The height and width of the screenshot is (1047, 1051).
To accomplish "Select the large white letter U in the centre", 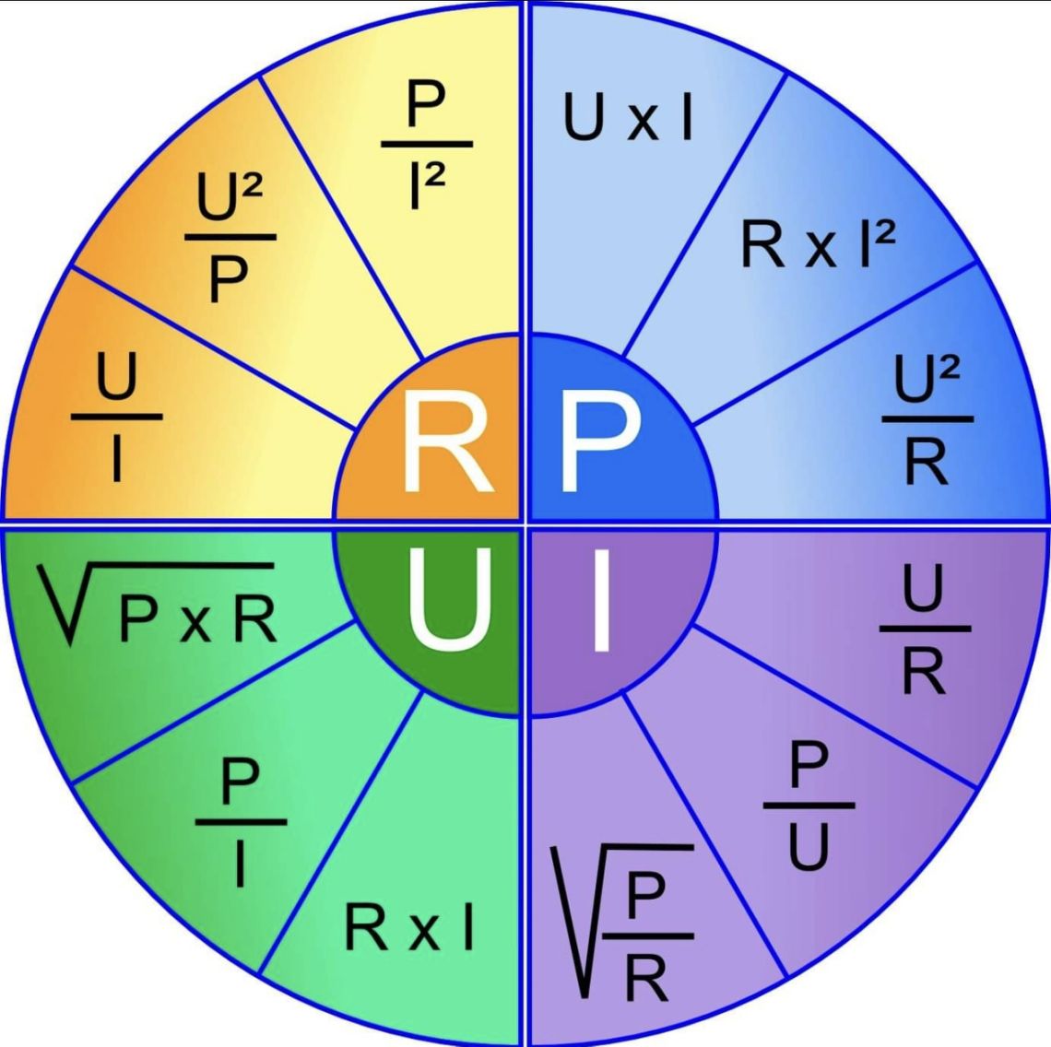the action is (448, 598).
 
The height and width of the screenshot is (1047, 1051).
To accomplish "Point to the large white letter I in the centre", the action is (602, 599).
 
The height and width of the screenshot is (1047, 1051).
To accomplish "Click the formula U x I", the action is (629, 117).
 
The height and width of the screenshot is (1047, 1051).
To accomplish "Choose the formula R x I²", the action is (818, 243).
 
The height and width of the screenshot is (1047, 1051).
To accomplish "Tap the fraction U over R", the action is (925, 628).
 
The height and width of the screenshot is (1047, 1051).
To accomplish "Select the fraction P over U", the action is (809, 805).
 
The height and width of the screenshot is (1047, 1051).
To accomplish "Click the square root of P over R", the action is (622, 922).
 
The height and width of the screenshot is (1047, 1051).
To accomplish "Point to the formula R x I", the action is (409, 927).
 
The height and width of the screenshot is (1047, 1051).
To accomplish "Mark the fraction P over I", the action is (241, 821).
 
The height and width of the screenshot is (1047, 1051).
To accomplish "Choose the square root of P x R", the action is (156, 604).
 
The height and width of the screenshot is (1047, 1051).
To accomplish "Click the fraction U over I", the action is (117, 417).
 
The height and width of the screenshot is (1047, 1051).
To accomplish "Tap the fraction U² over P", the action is (230, 237).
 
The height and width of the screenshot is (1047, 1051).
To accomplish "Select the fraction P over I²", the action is (427, 144).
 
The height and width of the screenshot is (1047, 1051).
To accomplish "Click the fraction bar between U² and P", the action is (230, 237).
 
